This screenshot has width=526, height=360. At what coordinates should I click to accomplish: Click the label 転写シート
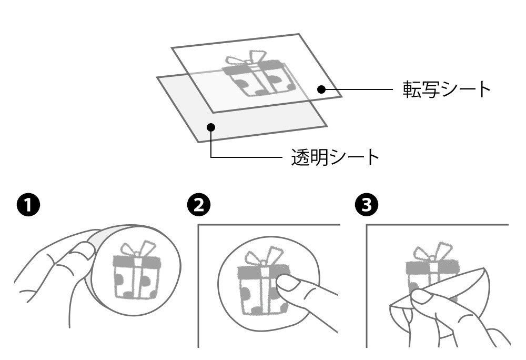(447, 89)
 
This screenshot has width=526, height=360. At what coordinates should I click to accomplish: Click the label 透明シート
(335, 157)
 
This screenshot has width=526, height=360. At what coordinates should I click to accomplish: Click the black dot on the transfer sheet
(321, 89)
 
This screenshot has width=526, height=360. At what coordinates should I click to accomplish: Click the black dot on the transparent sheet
(211, 127)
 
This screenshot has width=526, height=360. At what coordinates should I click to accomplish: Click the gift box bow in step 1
(138, 248)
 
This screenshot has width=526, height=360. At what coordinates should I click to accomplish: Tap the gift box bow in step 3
(433, 251)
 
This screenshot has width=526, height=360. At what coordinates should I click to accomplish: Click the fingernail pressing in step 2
(288, 283)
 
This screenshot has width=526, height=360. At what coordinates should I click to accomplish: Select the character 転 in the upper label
(412, 89)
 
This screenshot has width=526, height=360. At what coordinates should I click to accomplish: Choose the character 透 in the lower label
(300, 157)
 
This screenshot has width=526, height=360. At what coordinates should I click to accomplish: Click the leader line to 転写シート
(357, 89)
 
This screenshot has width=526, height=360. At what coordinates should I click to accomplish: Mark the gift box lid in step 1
(137, 262)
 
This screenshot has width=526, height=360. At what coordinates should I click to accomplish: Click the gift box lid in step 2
(264, 271)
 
